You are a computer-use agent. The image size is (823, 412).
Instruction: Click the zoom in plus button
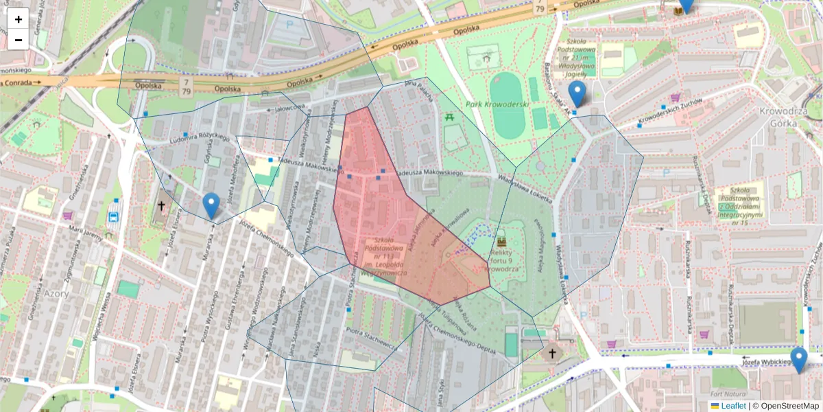[18, 20]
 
